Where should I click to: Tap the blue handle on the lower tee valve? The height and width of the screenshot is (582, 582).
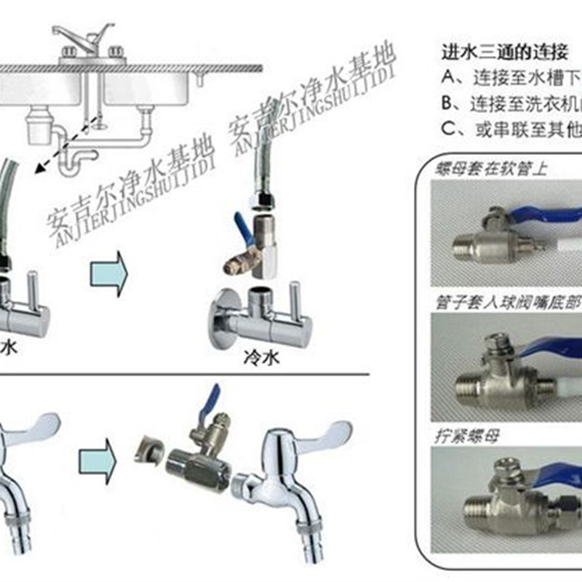(x=212, y=401)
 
